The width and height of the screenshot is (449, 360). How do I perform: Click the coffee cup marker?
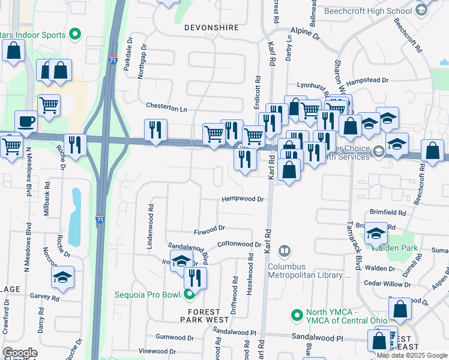[25, 122]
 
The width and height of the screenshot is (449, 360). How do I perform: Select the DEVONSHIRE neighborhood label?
[208, 28]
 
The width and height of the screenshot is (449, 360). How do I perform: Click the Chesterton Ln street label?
[167, 108]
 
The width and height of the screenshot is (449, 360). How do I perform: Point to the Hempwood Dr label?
[243, 199]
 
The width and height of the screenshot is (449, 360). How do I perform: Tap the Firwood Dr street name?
[209, 228]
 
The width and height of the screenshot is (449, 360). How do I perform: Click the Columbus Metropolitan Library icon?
[285, 250]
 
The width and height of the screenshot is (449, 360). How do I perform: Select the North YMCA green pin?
[296, 315]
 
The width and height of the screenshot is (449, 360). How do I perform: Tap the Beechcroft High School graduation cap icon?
[421, 11]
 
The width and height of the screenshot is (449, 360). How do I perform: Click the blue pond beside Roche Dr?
[74, 217]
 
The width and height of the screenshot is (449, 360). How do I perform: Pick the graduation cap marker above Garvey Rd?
[62, 277]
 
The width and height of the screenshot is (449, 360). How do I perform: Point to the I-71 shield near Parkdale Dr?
[113, 61]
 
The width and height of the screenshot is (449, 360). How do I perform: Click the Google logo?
[20, 353]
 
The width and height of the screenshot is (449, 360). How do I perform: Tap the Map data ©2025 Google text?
[412, 355]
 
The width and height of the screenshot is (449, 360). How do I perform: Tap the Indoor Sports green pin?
[76, 34]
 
